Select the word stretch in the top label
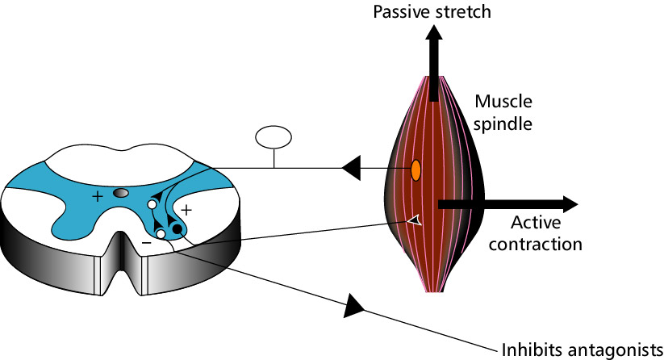pyautogui.click(x=463, y=12)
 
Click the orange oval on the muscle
pyautogui.click(x=416, y=170)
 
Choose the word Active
pyautogui.click(x=535, y=223)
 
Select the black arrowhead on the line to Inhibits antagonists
pyautogui.click(x=355, y=306)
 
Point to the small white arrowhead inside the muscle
pyautogui.click(x=414, y=220)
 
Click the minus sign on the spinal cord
pyautogui.click(x=145, y=241)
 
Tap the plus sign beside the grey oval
pyautogui.click(x=98, y=196)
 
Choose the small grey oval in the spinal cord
pyautogui.click(x=121, y=194)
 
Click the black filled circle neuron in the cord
pyautogui.click(x=177, y=230)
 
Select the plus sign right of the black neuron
pyautogui.click(x=186, y=210)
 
